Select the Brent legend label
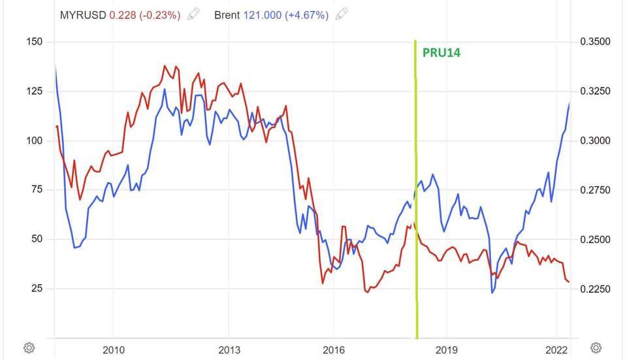tap(227, 14)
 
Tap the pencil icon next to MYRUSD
tap(193, 14)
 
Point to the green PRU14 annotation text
tap(442, 53)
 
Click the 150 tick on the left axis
tap(34, 42)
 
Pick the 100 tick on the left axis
tap(34, 140)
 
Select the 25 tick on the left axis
tap(37, 288)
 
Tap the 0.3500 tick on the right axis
tap(595, 42)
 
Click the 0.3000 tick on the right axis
tap(595, 140)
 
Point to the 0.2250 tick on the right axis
tap(595, 288)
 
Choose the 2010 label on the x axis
tap(114, 349)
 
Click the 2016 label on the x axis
tap(333, 349)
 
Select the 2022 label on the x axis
tap(556, 349)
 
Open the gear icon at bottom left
tap(29, 347)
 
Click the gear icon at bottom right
tap(595, 347)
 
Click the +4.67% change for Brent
tap(308, 14)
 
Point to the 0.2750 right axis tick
tap(595, 189)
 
